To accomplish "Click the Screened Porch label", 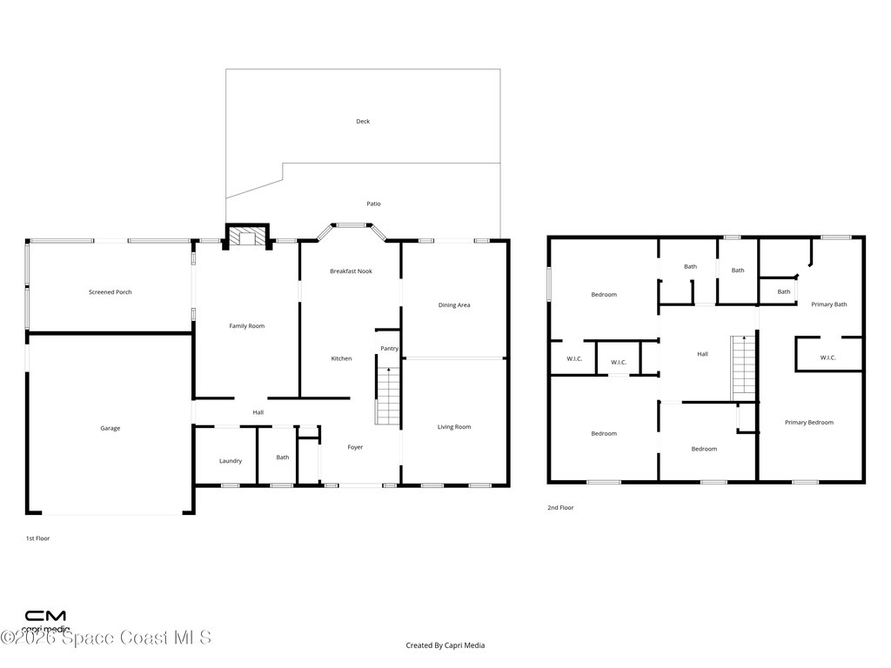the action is [x=111, y=292].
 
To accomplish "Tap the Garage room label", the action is [x=111, y=428].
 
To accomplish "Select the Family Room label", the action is [x=246, y=326].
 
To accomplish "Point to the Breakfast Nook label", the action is [x=352, y=271].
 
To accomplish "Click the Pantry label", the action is [x=389, y=349].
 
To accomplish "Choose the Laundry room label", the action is [x=231, y=461].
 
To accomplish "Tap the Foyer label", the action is [x=355, y=447].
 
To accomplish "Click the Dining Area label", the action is [x=454, y=305].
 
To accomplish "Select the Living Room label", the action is [x=454, y=426].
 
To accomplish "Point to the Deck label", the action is [x=363, y=121].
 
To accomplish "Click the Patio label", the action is [x=373, y=204].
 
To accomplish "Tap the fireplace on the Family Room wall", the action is [x=247, y=237].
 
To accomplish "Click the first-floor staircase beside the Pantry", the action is [x=389, y=396].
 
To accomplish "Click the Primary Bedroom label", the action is [x=809, y=422].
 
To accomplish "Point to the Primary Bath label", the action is [x=829, y=304].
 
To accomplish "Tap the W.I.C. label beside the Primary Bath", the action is [x=828, y=357].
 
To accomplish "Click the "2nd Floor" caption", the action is [x=560, y=508].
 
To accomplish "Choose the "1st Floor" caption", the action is [x=37, y=538].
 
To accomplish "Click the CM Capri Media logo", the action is [x=45, y=620].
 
